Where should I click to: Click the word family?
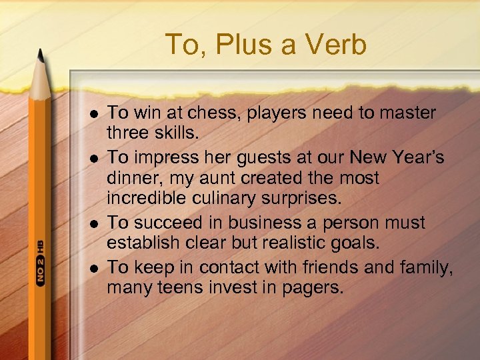(x=427, y=267)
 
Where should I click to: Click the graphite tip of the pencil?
(x=41, y=57)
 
